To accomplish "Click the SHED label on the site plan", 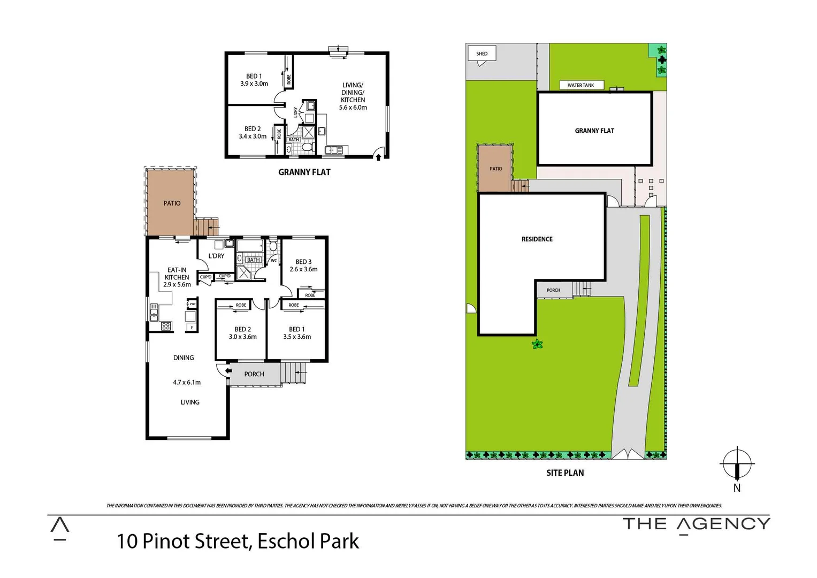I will click(482, 54).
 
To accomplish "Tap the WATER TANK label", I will click(581, 85).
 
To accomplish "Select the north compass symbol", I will click(737, 463).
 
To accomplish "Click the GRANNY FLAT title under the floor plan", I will click(304, 172).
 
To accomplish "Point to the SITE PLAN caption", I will click(565, 473).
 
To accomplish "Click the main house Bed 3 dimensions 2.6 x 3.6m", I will click(303, 270).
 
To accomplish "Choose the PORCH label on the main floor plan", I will click(254, 374).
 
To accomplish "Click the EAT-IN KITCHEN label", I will click(177, 274).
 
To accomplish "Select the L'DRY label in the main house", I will click(216, 256).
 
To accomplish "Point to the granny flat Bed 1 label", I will click(254, 76).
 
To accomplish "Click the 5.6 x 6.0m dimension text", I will click(353, 108).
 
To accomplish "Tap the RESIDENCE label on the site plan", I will click(537, 239).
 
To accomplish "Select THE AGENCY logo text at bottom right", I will click(696, 524).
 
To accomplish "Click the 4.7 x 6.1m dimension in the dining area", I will click(187, 383).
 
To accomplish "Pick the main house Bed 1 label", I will click(297, 329).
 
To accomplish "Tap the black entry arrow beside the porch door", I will click(228, 370).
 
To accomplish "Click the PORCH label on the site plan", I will click(553, 290).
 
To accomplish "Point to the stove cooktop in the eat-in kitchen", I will click(166, 326).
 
